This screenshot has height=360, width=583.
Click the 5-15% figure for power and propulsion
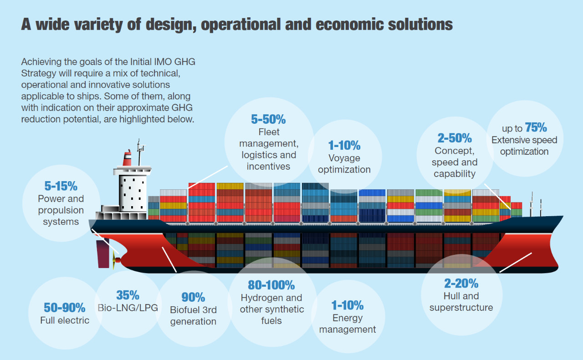coord(61,186)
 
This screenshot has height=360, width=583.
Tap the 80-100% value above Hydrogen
coord(271,285)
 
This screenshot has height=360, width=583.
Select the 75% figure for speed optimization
coord(536,127)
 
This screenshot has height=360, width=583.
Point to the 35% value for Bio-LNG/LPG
coord(128,295)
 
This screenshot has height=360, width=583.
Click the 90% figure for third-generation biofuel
coord(193,297)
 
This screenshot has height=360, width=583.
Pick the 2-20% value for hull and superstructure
coord(461,284)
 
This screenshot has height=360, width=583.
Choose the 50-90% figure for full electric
coord(65,308)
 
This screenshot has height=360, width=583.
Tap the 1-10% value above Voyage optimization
coord(344,145)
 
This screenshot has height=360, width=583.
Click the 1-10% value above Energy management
coord(348,305)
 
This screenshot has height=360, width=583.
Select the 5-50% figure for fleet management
coord(268,119)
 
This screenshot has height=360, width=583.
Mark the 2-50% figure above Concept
coord(455,138)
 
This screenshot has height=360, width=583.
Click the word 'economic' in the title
coord(350,25)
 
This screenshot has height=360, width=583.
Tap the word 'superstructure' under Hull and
coord(461,308)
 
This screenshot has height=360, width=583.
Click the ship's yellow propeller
coord(114,260)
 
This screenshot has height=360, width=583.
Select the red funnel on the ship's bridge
coord(127,158)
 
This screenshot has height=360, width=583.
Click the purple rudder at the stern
coord(103,254)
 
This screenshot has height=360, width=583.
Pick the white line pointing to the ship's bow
coord(515,263)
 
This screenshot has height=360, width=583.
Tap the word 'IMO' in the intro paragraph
coord(163,62)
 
